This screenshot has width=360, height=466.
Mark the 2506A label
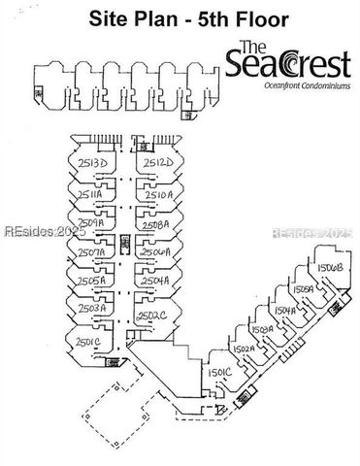click(155, 251)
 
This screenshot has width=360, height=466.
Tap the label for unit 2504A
click(155, 281)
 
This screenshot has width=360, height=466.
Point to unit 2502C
click(152, 315)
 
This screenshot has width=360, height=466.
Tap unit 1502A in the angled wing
click(244, 348)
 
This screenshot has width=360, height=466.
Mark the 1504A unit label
click(284, 310)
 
